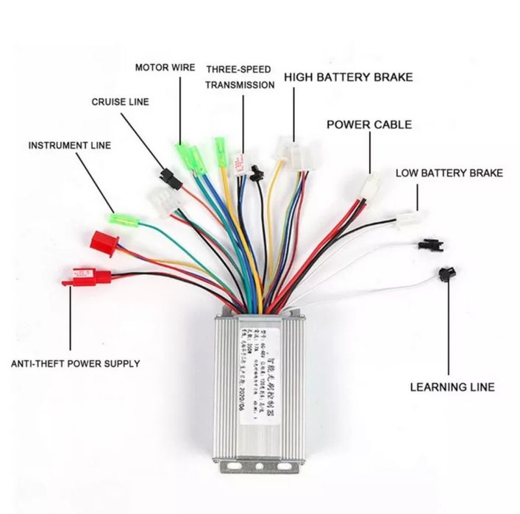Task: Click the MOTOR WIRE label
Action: point(165,68)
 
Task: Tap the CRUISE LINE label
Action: point(119,102)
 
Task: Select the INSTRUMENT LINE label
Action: point(70,145)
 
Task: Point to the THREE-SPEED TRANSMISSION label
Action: point(240,76)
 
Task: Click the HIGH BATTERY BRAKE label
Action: point(348,77)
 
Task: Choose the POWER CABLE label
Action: point(368,125)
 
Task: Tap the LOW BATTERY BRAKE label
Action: point(449,174)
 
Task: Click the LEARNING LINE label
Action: point(452,387)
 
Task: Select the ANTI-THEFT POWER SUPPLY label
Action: point(76,363)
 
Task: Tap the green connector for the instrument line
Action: point(118,218)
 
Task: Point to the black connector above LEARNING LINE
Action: point(444,275)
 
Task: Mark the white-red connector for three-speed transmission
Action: point(239,163)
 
